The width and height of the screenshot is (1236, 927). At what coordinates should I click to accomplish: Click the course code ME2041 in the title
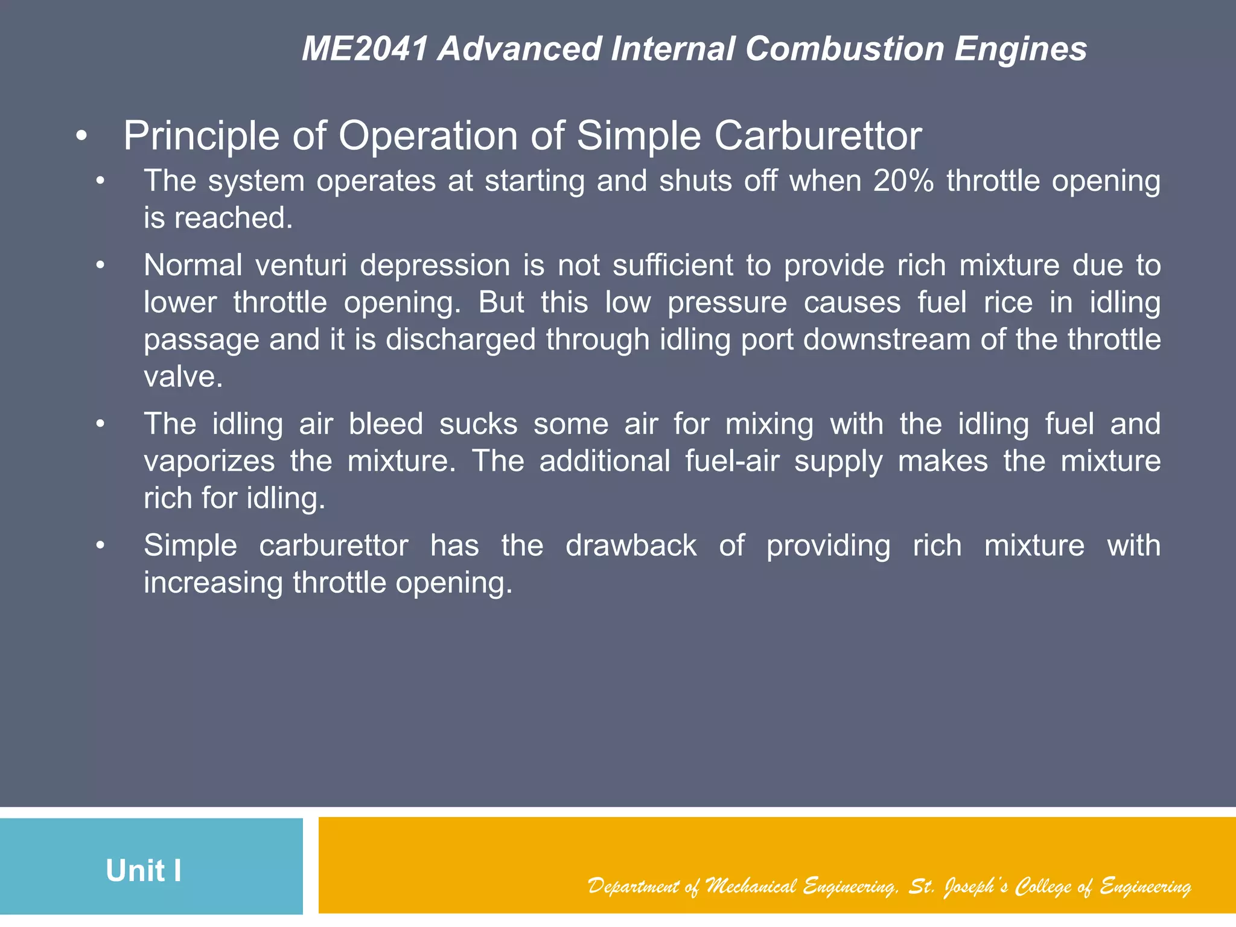click(x=365, y=49)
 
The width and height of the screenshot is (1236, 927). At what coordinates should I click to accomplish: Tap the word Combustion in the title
click(x=844, y=49)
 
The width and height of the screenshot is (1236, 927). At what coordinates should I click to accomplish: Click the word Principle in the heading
click(x=202, y=136)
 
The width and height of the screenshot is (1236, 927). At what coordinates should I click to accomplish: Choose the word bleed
click(x=386, y=424)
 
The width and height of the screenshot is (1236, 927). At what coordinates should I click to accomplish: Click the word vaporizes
click(x=209, y=462)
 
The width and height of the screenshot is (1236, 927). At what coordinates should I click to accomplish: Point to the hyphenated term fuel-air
click(x=732, y=462)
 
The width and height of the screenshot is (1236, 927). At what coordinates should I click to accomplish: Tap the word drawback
click(x=631, y=546)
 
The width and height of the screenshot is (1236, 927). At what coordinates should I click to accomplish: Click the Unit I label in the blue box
click(x=144, y=871)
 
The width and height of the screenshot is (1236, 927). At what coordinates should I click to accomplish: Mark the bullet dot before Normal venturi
click(x=100, y=266)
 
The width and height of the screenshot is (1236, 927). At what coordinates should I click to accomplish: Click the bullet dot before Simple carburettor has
click(x=100, y=546)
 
